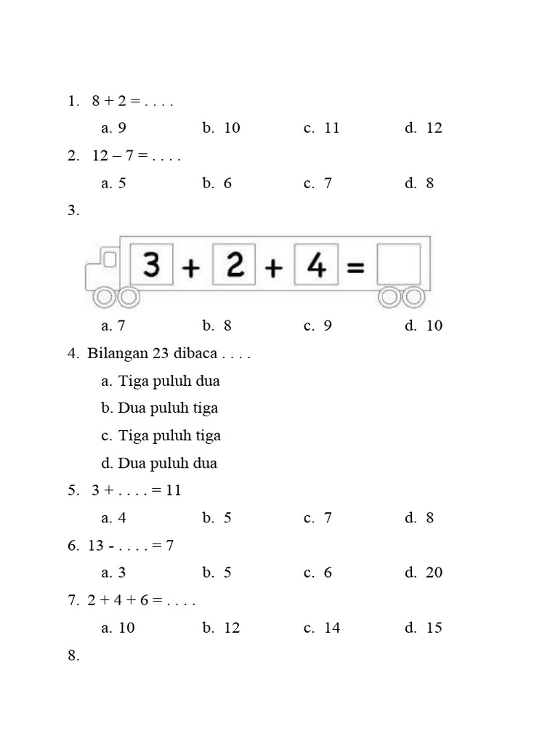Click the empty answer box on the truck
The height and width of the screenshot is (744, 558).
pyautogui.click(x=398, y=264)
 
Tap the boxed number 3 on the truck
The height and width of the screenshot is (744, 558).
pyautogui.click(x=151, y=264)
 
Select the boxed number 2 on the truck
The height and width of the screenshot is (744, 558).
pyautogui.click(x=234, y=264)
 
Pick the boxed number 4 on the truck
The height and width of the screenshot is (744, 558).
pyautogui.click(x=316, y=264)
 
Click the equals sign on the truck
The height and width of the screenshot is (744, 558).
pyautogui.click(x=355, y=267)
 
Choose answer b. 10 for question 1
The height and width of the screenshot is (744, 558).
pyautogui.click(x=222, y=128)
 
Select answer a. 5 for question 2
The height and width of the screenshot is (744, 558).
pyautogui.click(x=114, y=183)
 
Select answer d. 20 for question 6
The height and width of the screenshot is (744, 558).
pyautogui.click(x=424, y=573)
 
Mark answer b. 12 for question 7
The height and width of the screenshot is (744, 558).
pyautogui.click(x=222, y=628)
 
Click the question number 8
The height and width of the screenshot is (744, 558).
pyautogui.click(x=73, y=655)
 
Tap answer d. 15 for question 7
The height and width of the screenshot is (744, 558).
pyautogui.click(x=424, y=628)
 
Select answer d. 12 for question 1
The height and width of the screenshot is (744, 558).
pyautogui.click(x=424, y=128)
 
